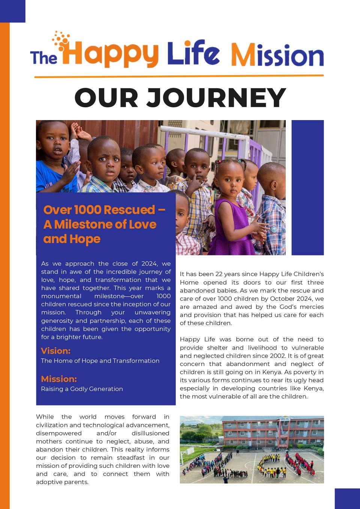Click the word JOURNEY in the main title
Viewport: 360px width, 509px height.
216,98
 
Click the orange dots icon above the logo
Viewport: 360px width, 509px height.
61,40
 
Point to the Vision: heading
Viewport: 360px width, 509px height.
55,351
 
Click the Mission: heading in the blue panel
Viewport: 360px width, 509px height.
59,379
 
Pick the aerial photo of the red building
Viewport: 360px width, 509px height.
252,449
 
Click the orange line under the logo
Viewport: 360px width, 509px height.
179,77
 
